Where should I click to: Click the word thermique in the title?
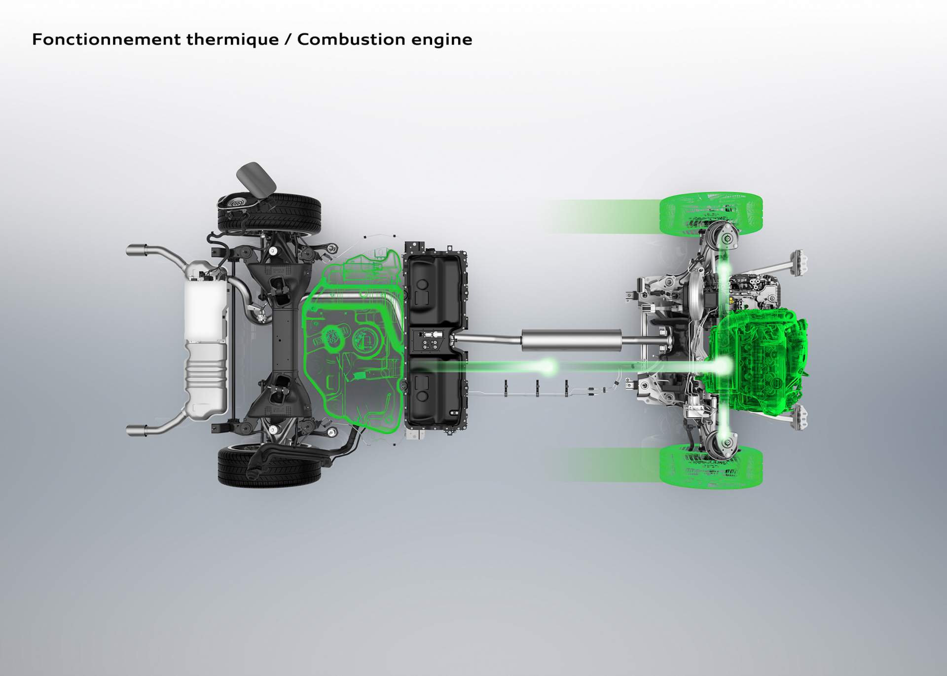(232, 39)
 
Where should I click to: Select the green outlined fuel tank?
(353, 345)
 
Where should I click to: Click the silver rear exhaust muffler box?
(206, 340)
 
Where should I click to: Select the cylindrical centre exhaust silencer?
(571, 340)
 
